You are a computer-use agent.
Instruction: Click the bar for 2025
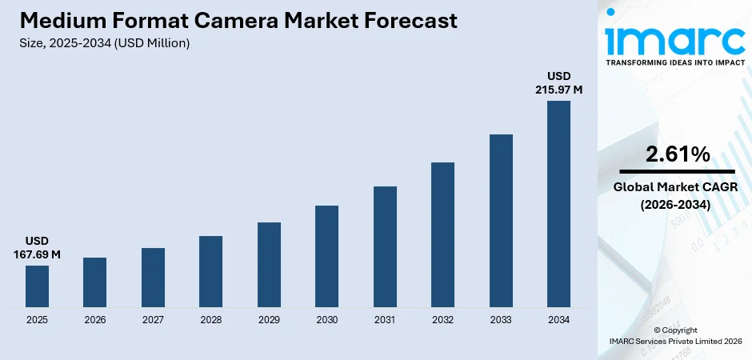pos(37,286)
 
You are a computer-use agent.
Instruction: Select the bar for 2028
pos(210,271)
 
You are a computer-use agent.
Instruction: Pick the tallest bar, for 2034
pos(558,203)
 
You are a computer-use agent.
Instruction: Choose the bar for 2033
pos(501,220)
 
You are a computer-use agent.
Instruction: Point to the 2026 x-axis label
pos(94,320)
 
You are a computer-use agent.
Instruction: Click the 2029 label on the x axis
pos(269,320)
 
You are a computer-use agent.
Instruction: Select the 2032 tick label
pos(442,320)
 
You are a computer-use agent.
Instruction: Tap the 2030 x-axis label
pos(326,320)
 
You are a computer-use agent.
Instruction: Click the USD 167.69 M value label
pos(37,248)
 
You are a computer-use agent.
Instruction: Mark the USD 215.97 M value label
pos(558,83)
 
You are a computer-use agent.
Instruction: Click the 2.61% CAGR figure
pos(677,155)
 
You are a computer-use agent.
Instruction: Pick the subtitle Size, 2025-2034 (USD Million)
pos(104,43)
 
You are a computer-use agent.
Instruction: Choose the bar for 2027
pos(153,277)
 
